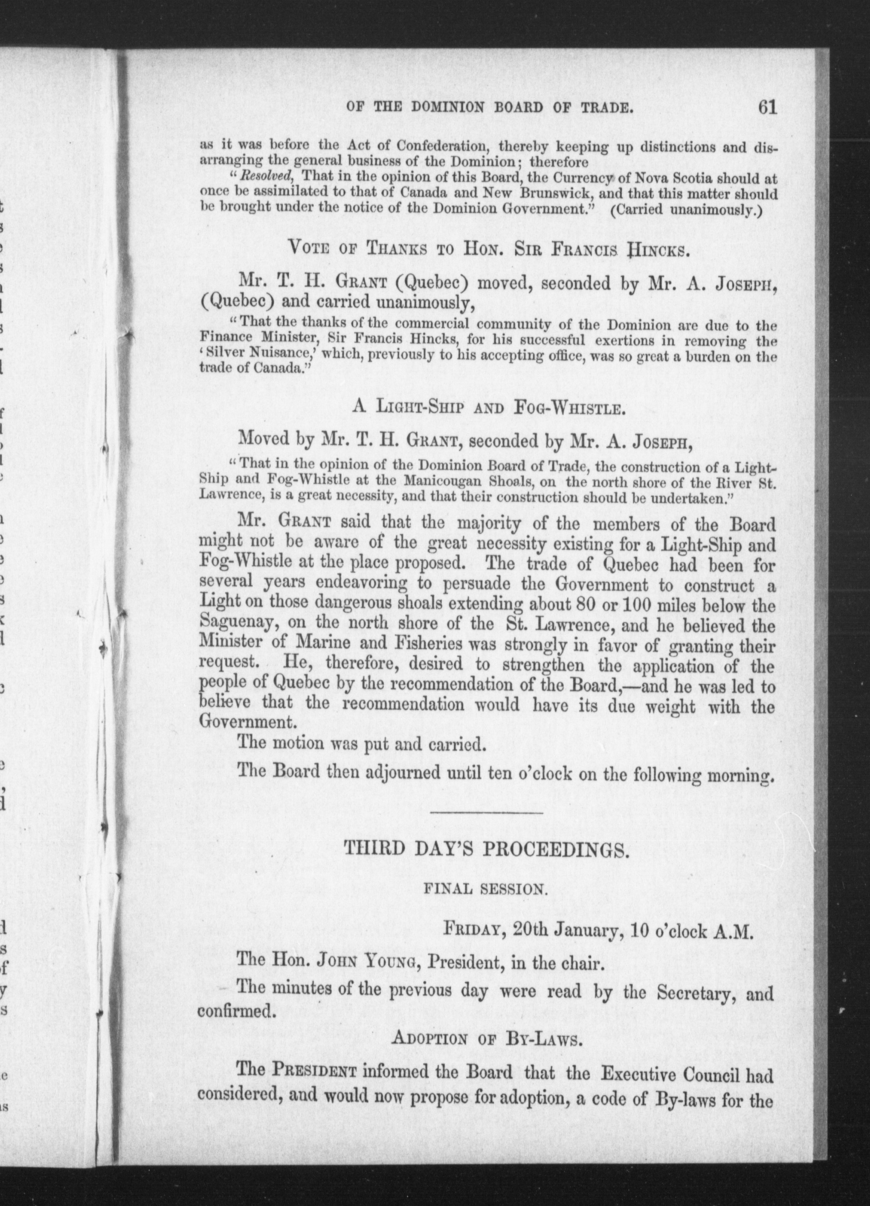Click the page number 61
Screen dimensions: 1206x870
click(768, 108)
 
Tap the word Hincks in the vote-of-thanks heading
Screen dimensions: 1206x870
click(659, 249)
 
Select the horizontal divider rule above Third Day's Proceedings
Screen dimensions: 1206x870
click(485, 813)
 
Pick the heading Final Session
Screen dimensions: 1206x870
click(485, 889)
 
